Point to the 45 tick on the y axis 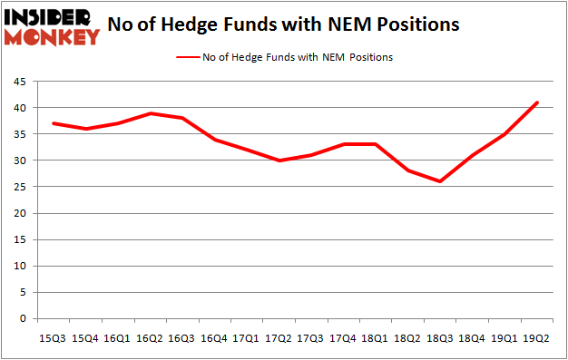[x=19, y=82]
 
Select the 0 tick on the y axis [x=23, y=319]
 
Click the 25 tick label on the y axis [x=19, y=188]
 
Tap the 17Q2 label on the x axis [x=279, y=338]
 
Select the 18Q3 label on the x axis [x=440, y=338]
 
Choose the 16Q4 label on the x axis [x=214, y=338]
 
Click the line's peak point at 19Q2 [x=537, y=102]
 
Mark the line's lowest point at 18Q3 [x=440, y=181]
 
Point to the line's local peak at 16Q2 [x=151, y=113]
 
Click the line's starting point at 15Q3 [x=54, y=123]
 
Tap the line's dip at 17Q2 [x=279, y=161]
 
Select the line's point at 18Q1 [x=376, y=144]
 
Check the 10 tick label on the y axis [x=19, y=267]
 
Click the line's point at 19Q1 [x=504, y=134]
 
